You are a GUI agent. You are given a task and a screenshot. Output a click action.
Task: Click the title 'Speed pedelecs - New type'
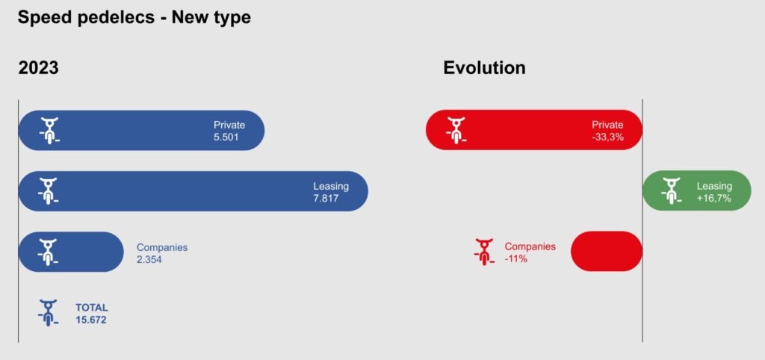(x=134, y=18)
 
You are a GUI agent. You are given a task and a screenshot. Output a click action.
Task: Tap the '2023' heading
(x=39, y=67)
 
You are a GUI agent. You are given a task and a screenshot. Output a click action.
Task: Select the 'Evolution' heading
(x=484, y=67)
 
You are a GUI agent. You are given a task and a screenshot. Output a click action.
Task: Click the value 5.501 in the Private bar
(x=226, y=137)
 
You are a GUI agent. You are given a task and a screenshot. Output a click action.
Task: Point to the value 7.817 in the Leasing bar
(x=326, y=199)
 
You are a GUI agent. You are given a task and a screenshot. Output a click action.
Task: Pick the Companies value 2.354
(x=149, y=259)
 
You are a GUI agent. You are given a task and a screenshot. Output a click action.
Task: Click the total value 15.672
(x=90, y=320)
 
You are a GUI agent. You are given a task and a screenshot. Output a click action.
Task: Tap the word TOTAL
(x=92, y=308)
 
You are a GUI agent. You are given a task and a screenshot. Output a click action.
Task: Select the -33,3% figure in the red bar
(x=608, y=137)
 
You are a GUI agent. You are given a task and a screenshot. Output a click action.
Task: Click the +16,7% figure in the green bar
(x=714, y=199)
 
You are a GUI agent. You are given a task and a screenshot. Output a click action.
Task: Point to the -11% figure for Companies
(x=516, y=258)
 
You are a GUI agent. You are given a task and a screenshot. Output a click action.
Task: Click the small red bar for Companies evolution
(x=607, y=251)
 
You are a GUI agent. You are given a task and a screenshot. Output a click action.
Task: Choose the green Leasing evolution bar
(x=697, y=190)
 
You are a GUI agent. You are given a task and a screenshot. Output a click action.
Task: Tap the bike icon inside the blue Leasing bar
(x=49, y=190)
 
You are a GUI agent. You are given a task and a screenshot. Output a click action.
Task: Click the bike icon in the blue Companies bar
(x=49, y=252)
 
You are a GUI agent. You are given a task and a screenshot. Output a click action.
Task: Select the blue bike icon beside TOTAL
(x=49, y=313)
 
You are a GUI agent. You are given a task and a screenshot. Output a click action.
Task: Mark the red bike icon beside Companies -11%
(x=484, y=252)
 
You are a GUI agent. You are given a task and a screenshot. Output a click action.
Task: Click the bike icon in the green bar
(x=672, y=190)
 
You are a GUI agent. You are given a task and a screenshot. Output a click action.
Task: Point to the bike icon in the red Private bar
(x=456, y=130)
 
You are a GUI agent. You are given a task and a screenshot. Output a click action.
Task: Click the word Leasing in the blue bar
(x=331, y=186)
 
